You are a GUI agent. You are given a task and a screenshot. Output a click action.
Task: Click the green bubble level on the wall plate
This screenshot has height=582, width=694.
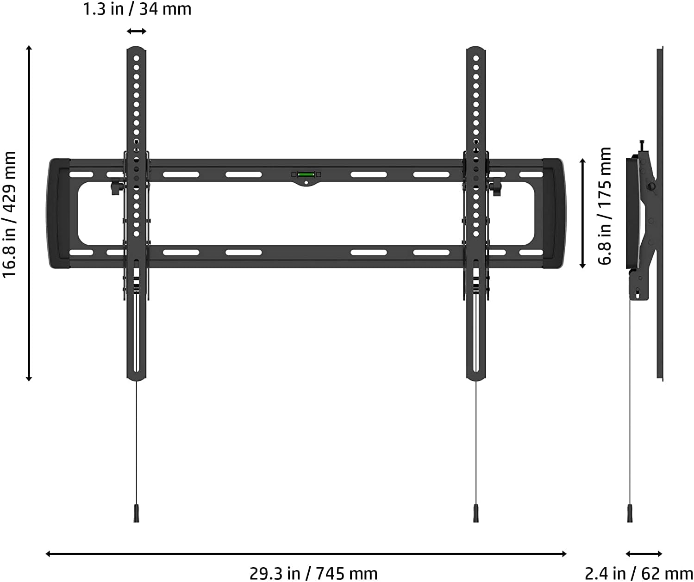pos(306,174)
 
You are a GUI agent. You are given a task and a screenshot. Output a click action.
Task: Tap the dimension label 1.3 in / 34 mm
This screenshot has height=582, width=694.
pos(137,9)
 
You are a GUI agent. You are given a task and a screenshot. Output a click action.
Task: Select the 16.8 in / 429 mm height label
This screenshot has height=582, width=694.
pos(10,214)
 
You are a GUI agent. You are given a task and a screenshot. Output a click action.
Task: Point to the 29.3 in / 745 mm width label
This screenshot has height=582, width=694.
pos(313,573)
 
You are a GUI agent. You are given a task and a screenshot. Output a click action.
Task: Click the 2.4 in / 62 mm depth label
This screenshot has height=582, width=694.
pos(639,573)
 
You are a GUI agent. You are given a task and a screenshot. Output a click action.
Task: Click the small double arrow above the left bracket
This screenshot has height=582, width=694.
pos(137,31)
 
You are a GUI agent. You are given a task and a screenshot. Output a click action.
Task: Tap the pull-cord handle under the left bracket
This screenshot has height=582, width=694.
pos(137,513)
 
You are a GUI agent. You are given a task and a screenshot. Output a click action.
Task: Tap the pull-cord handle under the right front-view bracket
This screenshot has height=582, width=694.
pos(476,513)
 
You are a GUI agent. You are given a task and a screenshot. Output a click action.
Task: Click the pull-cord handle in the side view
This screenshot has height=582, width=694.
pos(630,513)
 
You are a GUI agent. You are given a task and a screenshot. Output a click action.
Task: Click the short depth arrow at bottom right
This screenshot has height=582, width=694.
pos(644,554)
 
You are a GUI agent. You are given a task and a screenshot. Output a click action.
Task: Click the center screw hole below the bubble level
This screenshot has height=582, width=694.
pos(306,183)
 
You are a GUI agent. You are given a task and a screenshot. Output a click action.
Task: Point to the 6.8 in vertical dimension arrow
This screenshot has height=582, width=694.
pos(583,213)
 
